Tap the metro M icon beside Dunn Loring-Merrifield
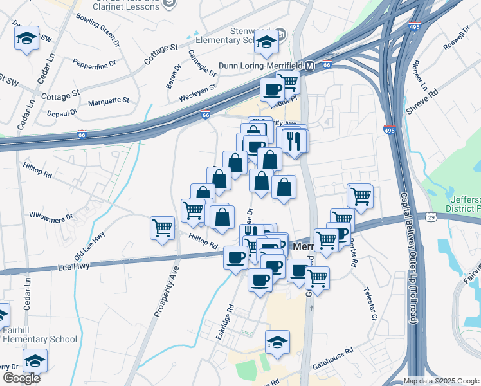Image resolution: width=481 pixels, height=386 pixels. coord(309,66)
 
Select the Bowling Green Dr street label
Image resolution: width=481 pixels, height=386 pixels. coord(98,30)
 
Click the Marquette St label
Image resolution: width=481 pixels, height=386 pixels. coord(109,101)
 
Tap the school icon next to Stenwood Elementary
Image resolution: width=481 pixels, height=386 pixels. coord(265,43)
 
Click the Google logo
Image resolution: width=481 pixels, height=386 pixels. coord(21,378)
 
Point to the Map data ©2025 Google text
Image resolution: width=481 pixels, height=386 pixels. coord(441,381)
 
